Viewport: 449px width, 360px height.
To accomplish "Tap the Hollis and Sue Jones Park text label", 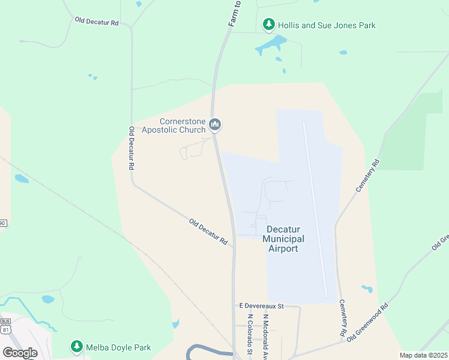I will click(x=327, y=25).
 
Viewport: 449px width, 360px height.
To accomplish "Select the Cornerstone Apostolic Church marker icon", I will click(x=215, y=125).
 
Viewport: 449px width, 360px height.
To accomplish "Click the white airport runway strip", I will click(x=316, y=209).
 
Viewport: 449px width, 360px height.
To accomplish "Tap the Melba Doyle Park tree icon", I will click(x=76, y=347).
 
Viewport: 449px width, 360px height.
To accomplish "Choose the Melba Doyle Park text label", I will click(x=118, y=347).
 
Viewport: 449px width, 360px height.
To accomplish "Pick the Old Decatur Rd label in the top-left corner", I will click(x=97, y=22).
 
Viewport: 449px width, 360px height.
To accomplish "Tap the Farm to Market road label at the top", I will click(x=235, y=13).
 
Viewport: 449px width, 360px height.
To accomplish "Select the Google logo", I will click(x=20, y=353).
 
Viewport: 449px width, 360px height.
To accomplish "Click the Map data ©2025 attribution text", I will click(x=423, y=355).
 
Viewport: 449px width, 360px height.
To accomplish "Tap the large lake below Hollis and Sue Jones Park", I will click(x=271, y=45).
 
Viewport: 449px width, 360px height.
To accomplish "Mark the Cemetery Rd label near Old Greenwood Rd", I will click(x=343, y=317).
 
